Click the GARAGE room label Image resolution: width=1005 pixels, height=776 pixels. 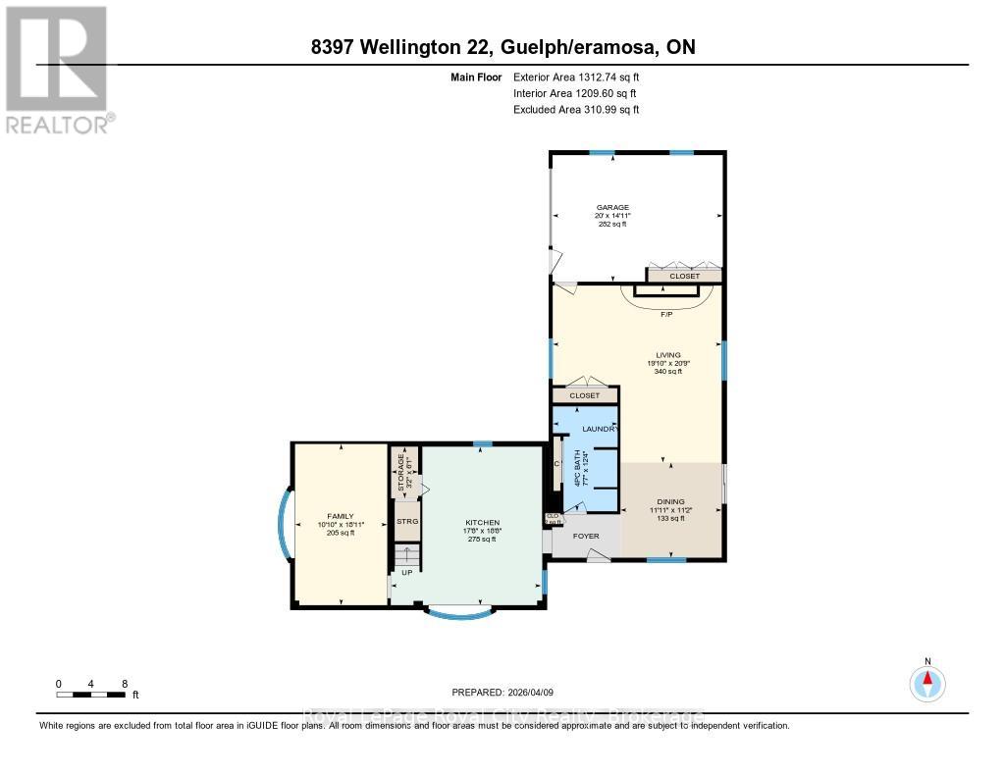coord(612,207)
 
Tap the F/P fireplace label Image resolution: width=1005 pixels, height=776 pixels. coord(665,313)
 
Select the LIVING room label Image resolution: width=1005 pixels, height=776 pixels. coord(668,355)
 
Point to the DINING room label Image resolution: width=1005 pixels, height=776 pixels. coord(670,501)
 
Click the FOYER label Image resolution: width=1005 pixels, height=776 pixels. coord(586,537)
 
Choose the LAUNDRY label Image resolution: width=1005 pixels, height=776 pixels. coord(600,430)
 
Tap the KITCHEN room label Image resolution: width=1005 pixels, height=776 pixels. coord(482,522)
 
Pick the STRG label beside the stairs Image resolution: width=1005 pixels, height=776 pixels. coord(406,522)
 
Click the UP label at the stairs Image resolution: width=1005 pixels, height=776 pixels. coord(405,572)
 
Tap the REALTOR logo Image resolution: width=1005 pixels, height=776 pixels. coord(56,69)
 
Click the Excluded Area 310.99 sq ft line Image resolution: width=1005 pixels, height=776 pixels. coord(576,110)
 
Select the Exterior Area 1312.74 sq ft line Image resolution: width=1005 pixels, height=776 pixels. coord(576,77)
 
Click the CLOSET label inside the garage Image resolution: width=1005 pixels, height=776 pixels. coord(684,277)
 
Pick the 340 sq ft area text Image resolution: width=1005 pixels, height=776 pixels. coord(668,373)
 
